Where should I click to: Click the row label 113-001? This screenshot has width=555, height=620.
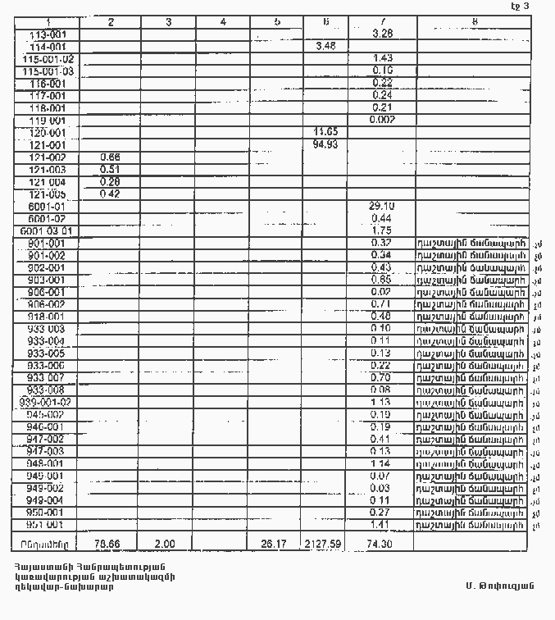click(x=46, y=35)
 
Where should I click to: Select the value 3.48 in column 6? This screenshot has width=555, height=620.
click(x=325, y=46)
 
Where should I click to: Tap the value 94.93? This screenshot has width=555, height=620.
click(x=325, y=144)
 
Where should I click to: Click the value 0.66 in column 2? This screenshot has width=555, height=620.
click(x=110, y=157)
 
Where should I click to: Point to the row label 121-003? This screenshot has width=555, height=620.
click(x=47, y=169)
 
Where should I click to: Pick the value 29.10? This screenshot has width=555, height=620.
click(x=382, y=206)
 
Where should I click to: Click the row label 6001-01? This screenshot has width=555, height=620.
click(x=46, y=206)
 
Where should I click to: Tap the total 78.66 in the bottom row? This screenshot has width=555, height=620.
click(x=108, y=543)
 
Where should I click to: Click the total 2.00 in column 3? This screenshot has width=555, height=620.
click(x=166, y=543)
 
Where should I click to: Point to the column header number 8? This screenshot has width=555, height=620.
click(x=475, y=22)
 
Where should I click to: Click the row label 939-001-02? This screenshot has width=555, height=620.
click(x=46, y=403)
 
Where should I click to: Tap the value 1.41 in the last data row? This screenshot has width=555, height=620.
click(x=382, y=524)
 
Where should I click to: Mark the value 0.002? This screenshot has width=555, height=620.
click(x=382, y=120)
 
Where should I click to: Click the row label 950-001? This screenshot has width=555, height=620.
click(x=46, y=512)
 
